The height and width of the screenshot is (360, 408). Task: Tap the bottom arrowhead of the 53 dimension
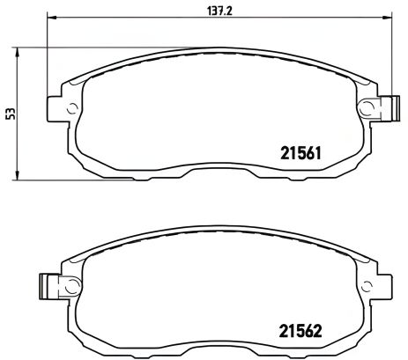(19, 178)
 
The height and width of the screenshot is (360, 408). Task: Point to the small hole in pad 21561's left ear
(70, 110)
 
